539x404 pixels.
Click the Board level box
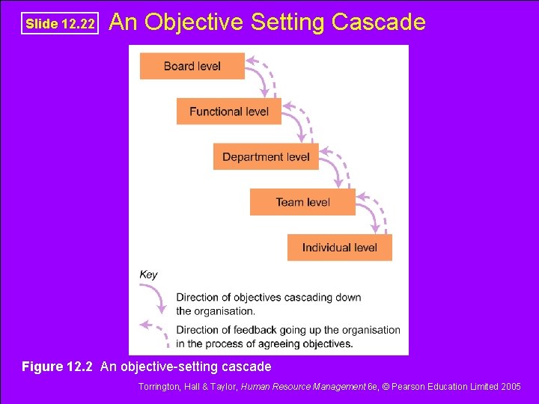192,66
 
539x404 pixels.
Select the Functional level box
228,111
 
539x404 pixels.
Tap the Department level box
266,157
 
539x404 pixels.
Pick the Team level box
302,202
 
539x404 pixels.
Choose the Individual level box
339,248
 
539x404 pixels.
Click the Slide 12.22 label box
60,24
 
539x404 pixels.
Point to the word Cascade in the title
378,22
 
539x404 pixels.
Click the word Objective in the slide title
194,22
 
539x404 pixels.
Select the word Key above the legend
148,275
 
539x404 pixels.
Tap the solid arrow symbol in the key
158,299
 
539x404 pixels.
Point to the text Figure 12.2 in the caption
58,367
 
